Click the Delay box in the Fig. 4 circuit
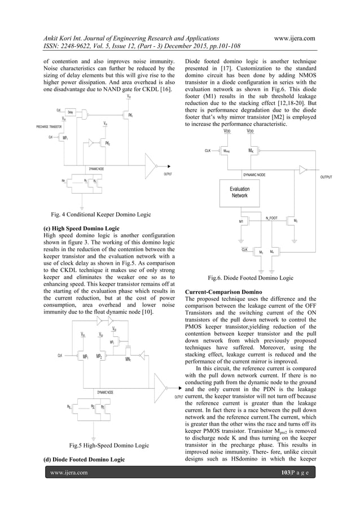pyautogui.click(x=72, y=112)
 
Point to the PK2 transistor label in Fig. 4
pyautogui.click(x=108, y=144)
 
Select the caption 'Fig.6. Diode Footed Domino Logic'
pyautogui.click(x=251, y=278)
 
